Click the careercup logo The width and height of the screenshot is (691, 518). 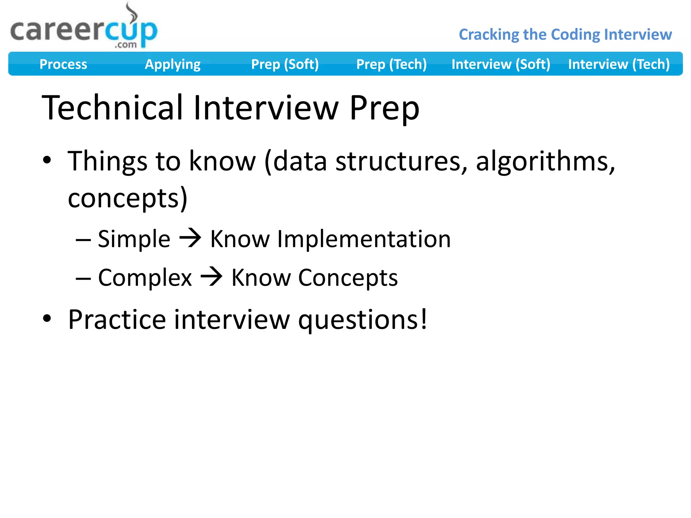tap(84, 30)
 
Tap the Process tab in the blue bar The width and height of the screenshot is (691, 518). tap(63, 64)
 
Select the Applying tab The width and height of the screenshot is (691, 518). tap(172, 64)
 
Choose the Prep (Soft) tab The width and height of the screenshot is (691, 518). tap(285, 64)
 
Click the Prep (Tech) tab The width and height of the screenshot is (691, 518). tap(391, 64)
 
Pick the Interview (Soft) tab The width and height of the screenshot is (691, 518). tap(501, 64)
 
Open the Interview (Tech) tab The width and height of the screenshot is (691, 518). tap(619, 64)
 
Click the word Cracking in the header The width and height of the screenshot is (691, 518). tap(489, 35)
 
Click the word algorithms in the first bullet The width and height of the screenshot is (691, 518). tap(545, 161)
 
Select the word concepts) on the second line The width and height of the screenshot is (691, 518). tap(128, 198)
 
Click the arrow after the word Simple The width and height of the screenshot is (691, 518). tap(190, 238)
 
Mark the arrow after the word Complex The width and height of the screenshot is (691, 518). tap(212, 277)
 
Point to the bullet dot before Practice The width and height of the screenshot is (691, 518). tap(47, 318)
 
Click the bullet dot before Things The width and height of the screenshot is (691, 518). tap(47, 160)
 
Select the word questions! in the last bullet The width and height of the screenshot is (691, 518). tap(363, 320)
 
